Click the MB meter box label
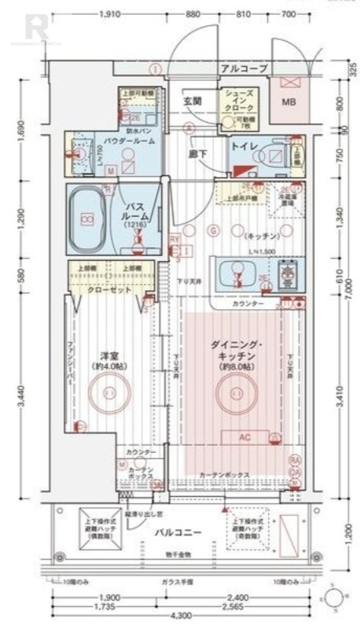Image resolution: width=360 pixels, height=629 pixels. point(288,101)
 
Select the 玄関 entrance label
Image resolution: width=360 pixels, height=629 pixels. point(193,101)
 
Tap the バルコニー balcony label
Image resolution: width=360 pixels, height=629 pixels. point(178,532)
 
